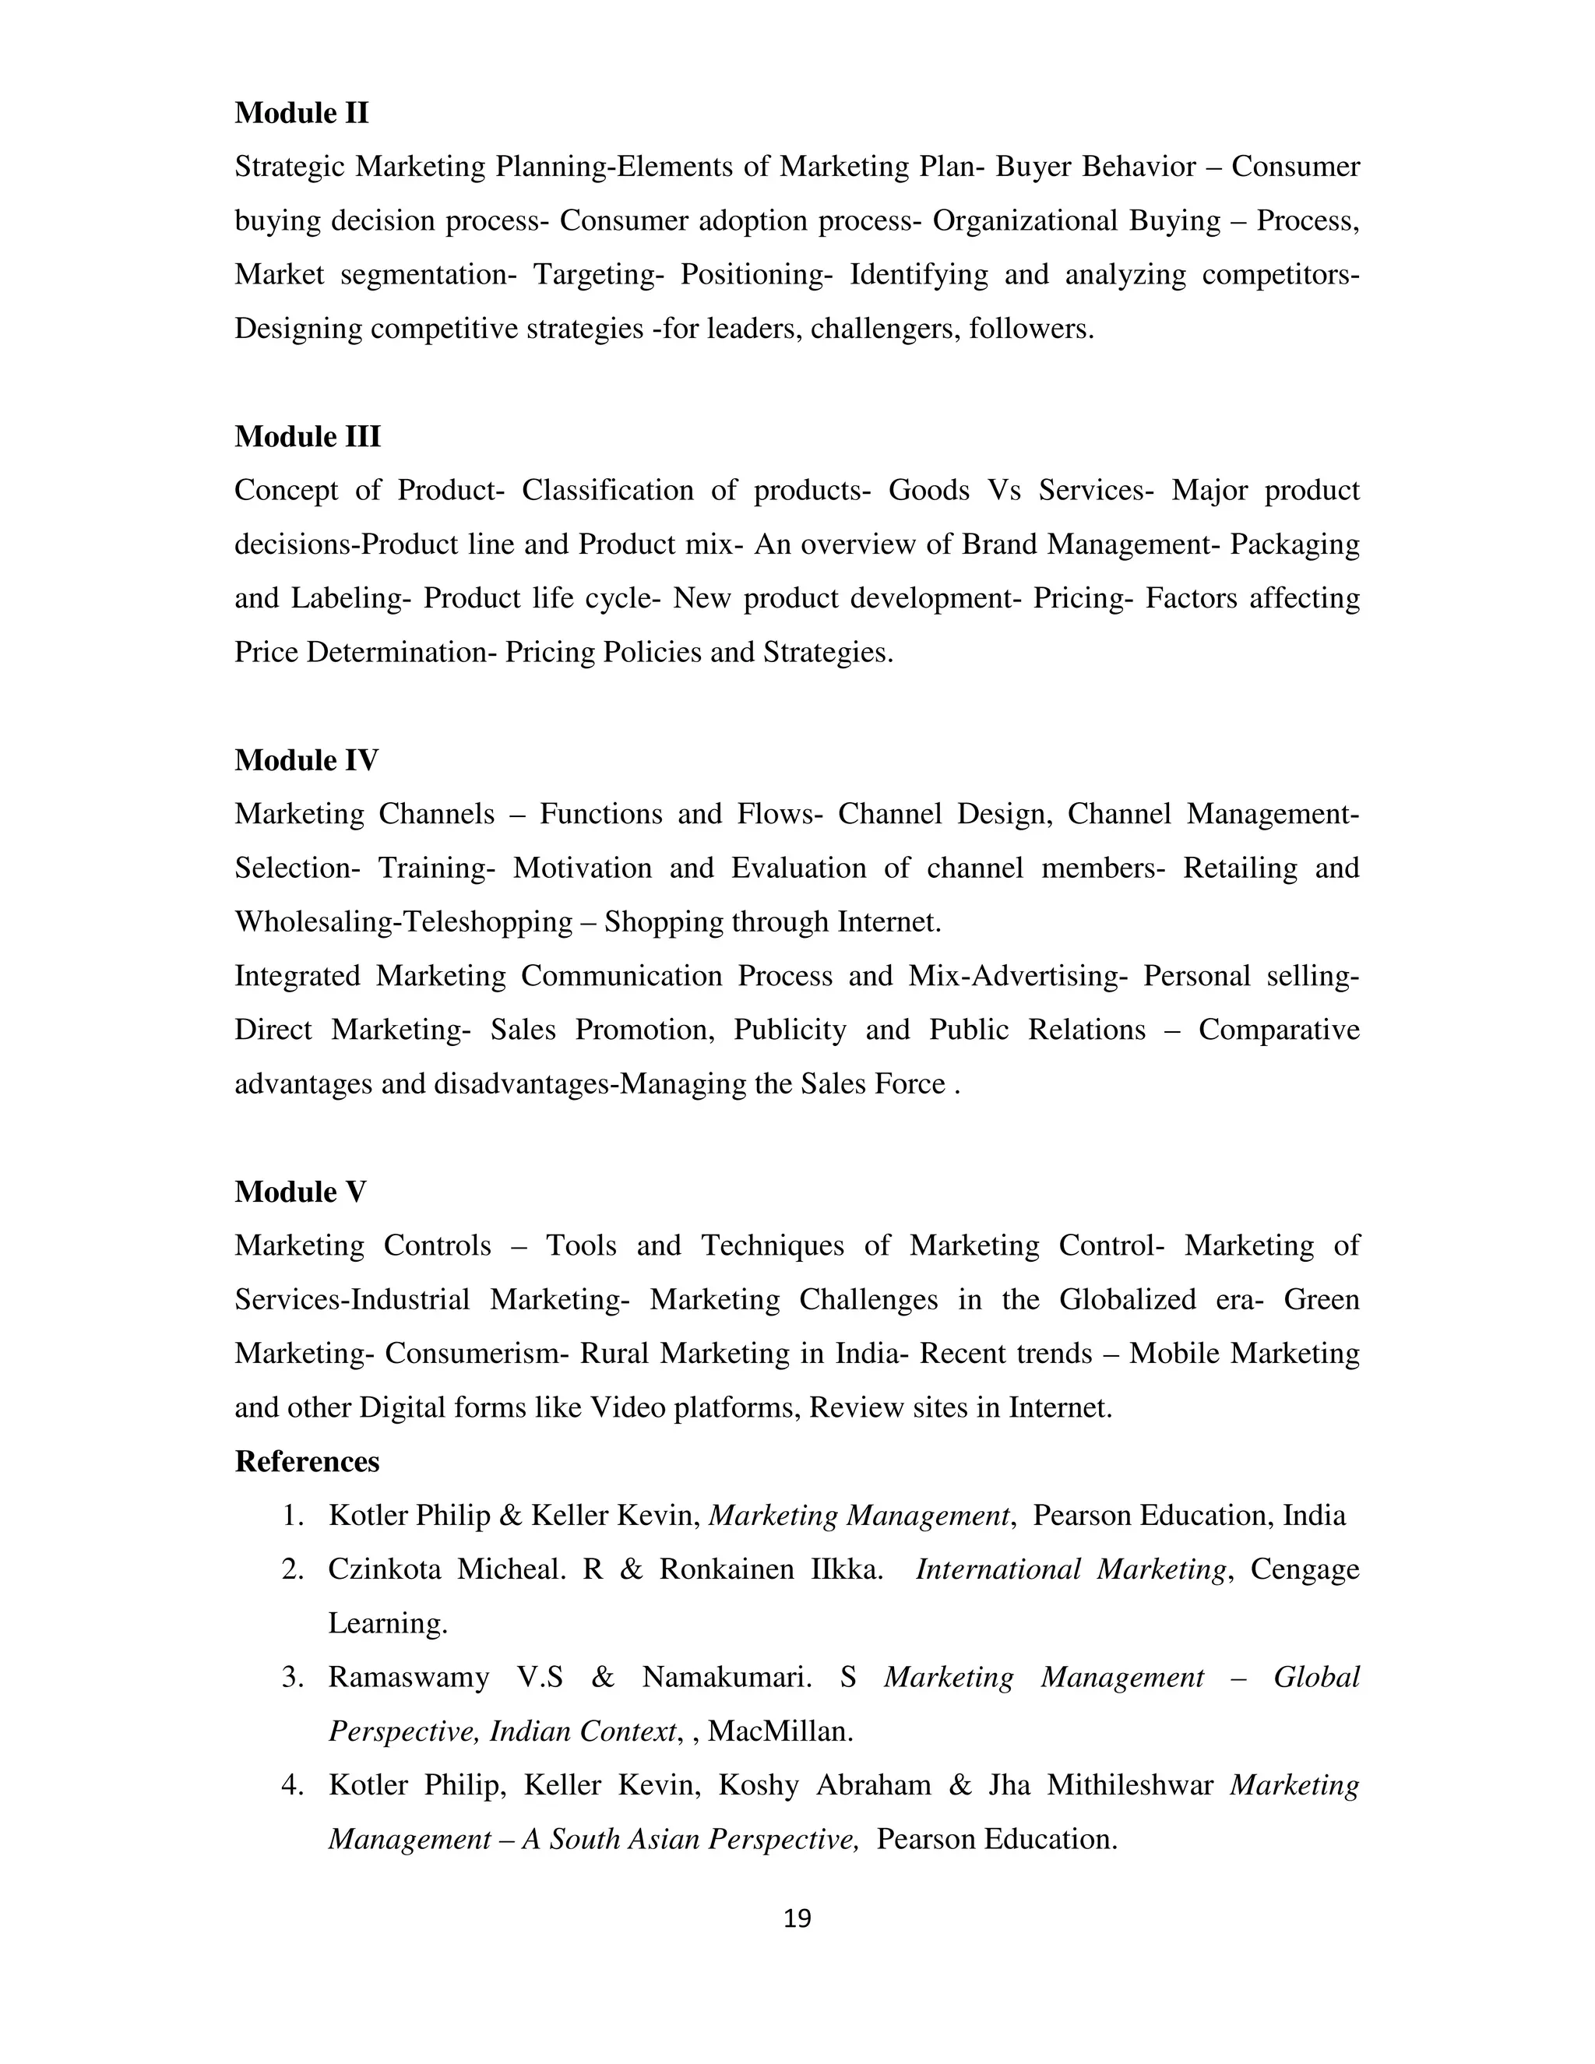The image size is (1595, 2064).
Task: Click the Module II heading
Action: pos(301,114)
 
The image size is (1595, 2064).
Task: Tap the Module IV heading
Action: pos(306,760)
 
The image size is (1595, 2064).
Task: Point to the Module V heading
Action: pos(301,1192)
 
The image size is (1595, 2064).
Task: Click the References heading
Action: pos(307,1461)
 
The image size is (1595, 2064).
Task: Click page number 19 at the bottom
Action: pos(797,1918)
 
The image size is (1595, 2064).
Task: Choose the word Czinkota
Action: pos(385,1569)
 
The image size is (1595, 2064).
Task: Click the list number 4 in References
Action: pos(292,1785)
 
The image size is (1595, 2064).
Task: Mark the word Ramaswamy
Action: pos(408,1678)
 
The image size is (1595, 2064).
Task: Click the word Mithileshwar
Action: pos(1129,1785)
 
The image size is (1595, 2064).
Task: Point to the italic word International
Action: pos(998,1569)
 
